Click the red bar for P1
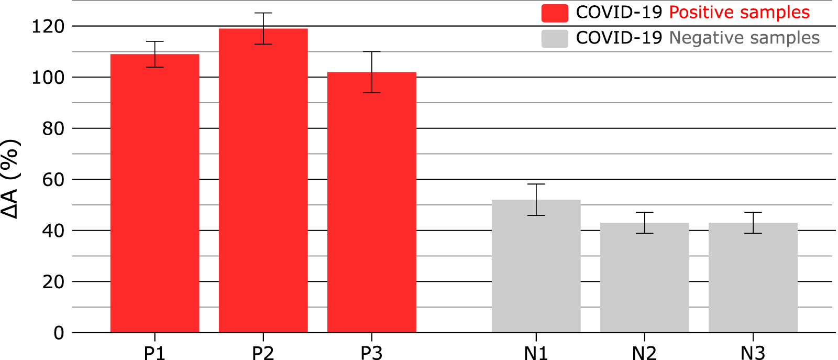[x=155, y=194]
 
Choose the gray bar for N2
[x=644, y=278]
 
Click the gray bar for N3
[x=753, y=278]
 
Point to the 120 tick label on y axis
[x=48, y=26]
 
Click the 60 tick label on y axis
[x=53, y=180]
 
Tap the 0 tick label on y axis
[x=59, y=333]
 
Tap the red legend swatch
[x=555, y=13]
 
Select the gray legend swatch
[x=555, y=38]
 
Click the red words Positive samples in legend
[x=739, y=13]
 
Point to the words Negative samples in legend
[x=744, y=38]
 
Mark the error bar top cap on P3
[x=371, y=52]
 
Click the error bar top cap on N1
[x=536, y=184]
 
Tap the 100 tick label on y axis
[x=48, y=78]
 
